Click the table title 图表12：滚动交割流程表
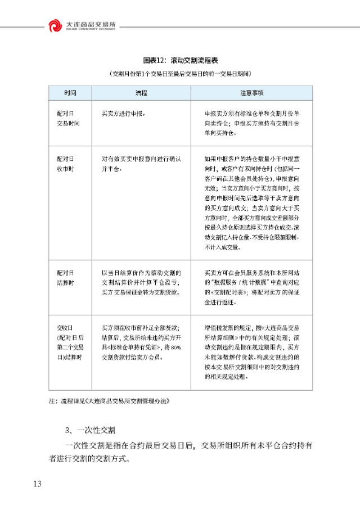click(x=180, y=60)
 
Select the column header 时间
click(x=70, y=92)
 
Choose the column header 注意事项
click(x=251, y=92)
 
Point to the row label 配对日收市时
click(x=68, y=163)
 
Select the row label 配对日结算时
click(x=68, y=276)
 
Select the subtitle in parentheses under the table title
click(x=179, y=74)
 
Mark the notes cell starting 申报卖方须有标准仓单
click(x=251, y=123)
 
